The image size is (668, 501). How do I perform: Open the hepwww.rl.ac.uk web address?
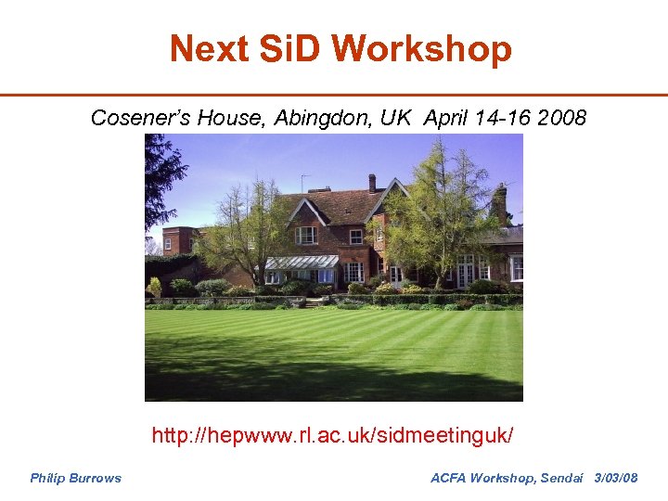click(332, 434)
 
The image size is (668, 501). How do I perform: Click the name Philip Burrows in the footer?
click(75, 478)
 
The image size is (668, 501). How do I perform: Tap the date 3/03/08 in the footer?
click(615, 478)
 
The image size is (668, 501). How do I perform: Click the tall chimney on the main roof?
click(372, 182)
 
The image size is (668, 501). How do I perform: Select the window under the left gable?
click(305, 235)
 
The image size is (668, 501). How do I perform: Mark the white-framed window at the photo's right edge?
click(516, 268)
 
